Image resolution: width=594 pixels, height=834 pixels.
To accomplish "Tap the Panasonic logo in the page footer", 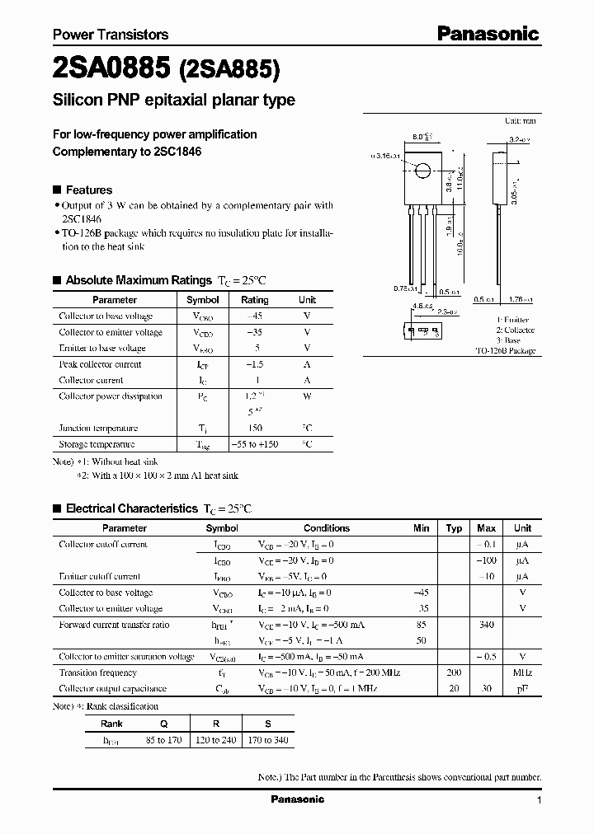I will tap(298, 799).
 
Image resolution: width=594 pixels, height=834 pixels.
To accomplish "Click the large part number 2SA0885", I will tap(111, 69).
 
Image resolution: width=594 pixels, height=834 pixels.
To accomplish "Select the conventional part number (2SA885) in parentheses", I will tap(230, 70).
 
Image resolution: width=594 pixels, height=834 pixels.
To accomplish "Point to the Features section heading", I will tap(88, 190).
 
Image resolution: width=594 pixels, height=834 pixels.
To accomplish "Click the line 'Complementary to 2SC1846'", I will tap(127, 152).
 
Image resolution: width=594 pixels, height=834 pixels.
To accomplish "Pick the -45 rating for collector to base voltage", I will tap(254, 316).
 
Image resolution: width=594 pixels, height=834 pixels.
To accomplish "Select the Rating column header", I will tap(254, 300).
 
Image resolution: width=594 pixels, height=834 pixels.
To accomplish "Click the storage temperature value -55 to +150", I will tap(254, 444).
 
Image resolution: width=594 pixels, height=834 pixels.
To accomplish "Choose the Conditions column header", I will tap(327, 528).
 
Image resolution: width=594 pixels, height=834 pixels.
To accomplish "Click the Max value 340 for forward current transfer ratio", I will tap(486, 625).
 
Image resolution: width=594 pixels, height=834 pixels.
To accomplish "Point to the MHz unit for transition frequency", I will tap(522, 673).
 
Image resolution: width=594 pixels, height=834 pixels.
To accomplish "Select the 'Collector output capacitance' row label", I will tap(112, 689).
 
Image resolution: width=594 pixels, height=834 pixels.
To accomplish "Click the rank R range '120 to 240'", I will tap(216, 740).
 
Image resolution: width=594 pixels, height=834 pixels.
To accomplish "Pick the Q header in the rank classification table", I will tap(163, 724).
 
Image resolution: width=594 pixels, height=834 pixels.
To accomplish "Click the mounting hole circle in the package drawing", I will tap(422, 171).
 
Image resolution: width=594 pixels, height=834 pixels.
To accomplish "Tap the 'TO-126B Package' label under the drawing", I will tap(506, 351).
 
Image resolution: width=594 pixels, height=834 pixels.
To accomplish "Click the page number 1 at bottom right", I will tap(539, 800).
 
